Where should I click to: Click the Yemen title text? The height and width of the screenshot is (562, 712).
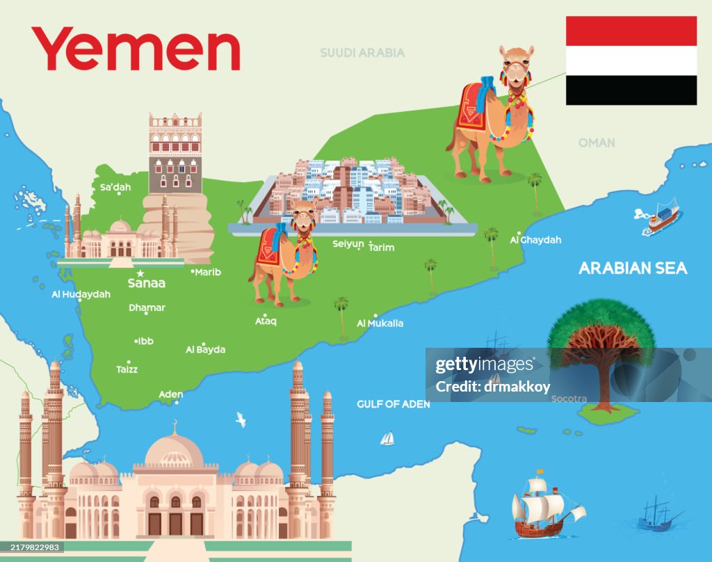pos(136,49)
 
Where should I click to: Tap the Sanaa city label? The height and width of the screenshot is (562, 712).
pos(147,284)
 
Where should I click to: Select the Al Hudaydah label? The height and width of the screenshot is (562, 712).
pos(81,294)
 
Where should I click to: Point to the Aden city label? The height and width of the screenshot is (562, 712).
pos(171,394)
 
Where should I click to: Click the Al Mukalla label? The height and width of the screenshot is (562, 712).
pos(380,323)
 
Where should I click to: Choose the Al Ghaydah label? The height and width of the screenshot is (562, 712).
pos(535,240)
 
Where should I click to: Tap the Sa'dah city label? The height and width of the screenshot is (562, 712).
pos(115,187)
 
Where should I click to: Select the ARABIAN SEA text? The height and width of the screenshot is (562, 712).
pos(633,268)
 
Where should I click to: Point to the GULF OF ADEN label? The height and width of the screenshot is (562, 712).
pos(394,404)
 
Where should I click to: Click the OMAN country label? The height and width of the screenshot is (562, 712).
pos(597,143)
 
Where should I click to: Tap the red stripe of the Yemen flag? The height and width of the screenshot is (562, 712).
pos(631,31)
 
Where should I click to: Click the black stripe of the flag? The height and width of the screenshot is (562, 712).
pos(631,90)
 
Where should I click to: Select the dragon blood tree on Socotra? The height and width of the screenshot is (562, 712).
pos(601,348)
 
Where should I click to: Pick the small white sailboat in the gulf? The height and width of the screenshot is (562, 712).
pos(387,438)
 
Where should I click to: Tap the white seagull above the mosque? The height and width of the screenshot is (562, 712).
pos(241,419)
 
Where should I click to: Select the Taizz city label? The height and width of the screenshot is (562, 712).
pos(127,369)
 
